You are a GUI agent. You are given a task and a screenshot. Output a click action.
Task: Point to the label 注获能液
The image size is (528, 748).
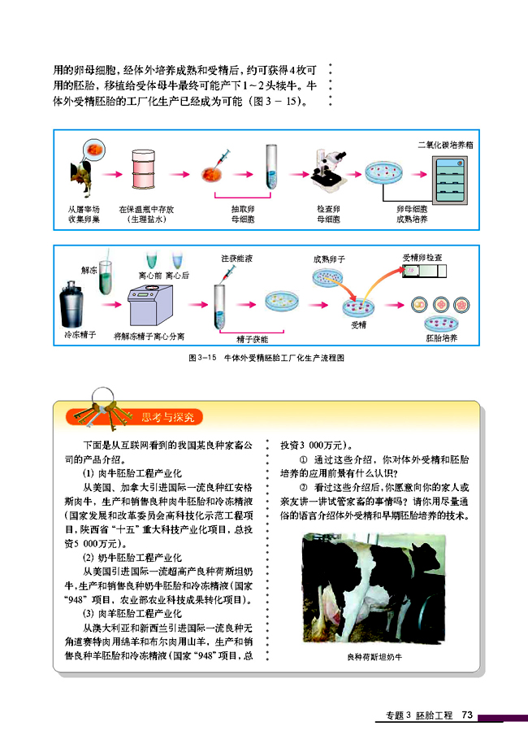pos(237,259)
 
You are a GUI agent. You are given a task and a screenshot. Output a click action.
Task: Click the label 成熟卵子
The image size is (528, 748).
pos(329,259)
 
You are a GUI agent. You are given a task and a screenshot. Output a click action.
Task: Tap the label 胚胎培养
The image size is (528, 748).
pos(442,337)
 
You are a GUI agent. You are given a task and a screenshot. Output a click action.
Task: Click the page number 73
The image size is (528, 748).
pos(466,715)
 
